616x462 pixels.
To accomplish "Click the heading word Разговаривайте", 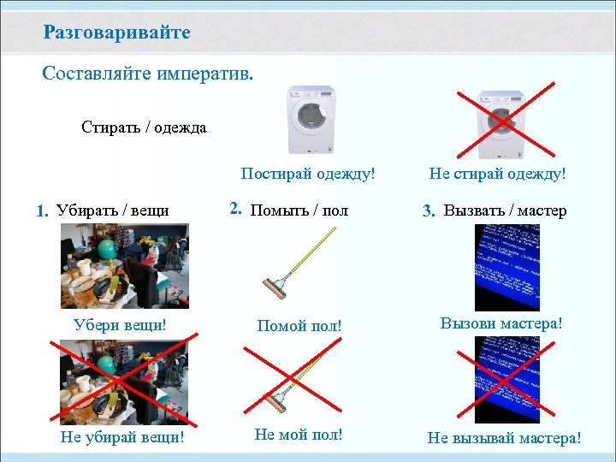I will coord(117,33).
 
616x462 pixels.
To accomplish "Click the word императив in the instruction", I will coord(205,74).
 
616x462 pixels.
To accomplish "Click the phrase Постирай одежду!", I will coord(308,174).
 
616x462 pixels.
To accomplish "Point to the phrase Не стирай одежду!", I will coord(497,174).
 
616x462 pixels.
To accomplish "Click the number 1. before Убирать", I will coord(43,211).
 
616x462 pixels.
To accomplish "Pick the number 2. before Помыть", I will coord(236,208).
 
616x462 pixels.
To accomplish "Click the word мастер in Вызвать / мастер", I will coord(542,211).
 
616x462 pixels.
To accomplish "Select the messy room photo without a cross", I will coord(124,266).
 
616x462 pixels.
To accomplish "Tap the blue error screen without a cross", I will coord(507,267).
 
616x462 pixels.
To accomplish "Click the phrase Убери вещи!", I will coord(120,325).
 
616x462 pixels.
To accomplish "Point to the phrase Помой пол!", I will coord(299,326).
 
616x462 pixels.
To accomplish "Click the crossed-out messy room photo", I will coord(124,379).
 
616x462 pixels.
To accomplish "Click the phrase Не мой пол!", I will coord(299,435).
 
